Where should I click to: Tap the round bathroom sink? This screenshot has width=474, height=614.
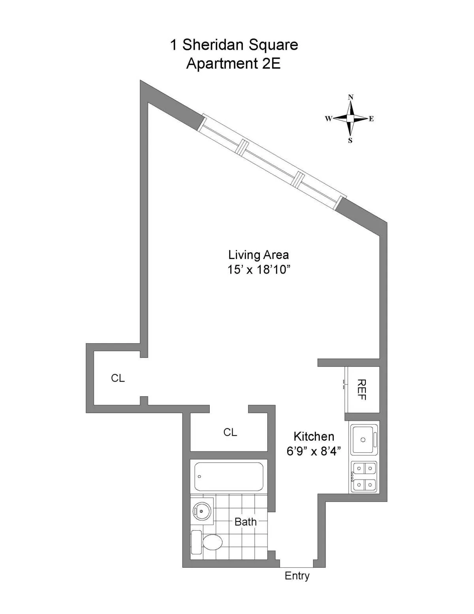[202, 511]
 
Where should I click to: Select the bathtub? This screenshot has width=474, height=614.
[229, 476]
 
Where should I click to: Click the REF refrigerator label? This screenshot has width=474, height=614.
[361, 390]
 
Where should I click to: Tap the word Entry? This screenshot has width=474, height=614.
[297, 576]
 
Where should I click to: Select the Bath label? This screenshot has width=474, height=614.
[245, 522]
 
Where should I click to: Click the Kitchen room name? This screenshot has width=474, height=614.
[314, 436]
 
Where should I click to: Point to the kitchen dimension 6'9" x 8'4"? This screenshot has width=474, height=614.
[314, 451]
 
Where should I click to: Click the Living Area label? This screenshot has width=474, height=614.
[258, 255]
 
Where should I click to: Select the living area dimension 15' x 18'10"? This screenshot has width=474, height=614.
[259, 270]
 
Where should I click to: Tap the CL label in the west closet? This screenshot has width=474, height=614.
[118, 378]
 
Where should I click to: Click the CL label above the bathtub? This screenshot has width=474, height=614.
[230, 433]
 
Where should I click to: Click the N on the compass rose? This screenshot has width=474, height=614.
[351, 97]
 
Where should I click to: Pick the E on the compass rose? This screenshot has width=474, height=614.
[371, 119]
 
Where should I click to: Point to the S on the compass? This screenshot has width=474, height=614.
[350, 141]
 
